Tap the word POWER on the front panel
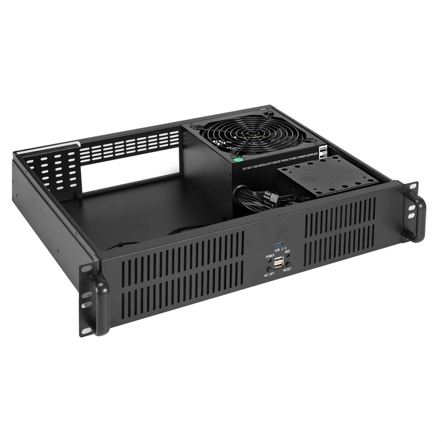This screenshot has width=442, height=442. [x=270, y=256]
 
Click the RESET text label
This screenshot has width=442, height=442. [x=287, y=270]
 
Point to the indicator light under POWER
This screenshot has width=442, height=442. [x=270, y=261]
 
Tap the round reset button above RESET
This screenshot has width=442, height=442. [x=288, y=264]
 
